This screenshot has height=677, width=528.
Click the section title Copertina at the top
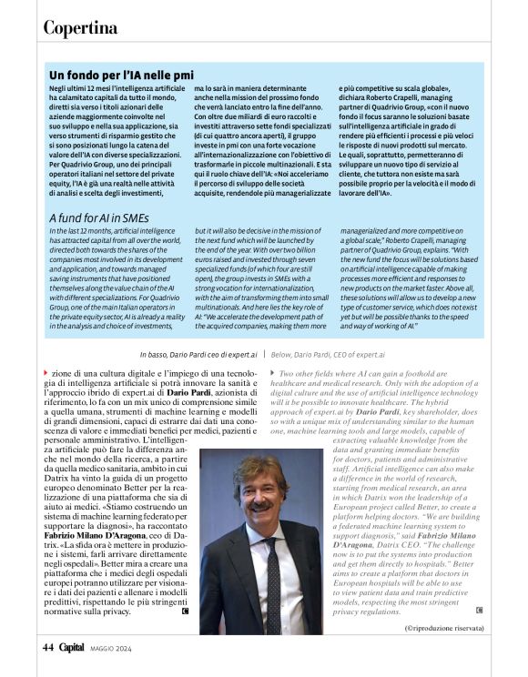click(80, 28)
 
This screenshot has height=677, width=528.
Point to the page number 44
click(49, 647)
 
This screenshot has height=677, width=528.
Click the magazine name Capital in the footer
click(72, 647)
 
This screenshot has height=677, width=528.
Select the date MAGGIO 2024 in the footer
click(112, 648)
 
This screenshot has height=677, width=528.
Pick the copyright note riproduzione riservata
click(445, 628)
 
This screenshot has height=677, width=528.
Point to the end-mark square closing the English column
click(479, 610)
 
